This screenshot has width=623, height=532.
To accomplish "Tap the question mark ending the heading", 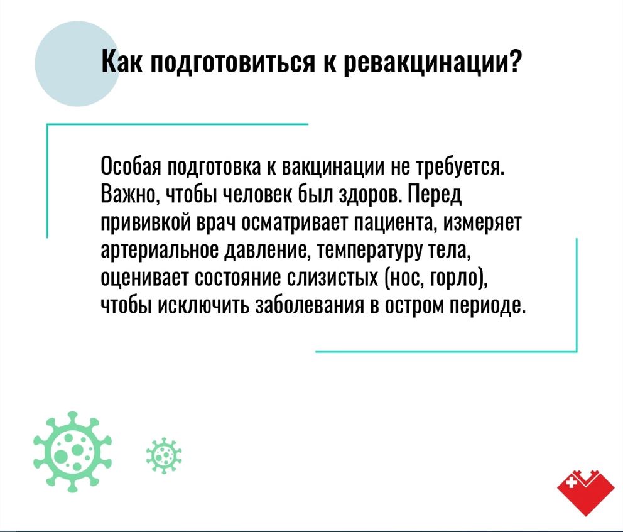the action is tap(514, 61).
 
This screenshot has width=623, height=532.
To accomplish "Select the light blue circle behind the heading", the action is tap(77, 63).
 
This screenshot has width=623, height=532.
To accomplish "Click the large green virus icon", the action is tap(73, 452).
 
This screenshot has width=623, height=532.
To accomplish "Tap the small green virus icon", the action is tap(164, 456).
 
